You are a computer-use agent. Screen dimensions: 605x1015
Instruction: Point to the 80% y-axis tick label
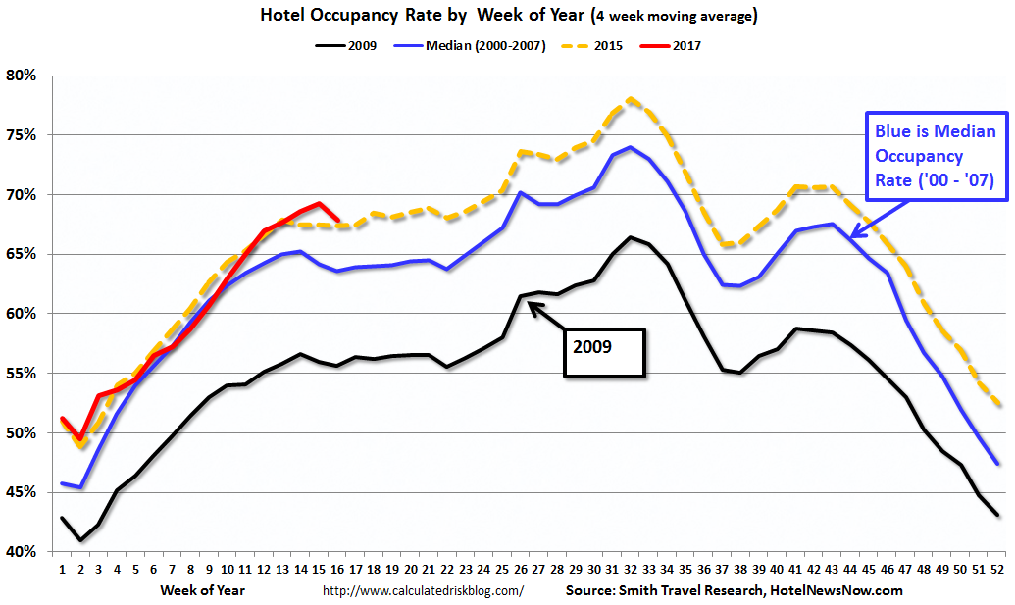coord(22,76)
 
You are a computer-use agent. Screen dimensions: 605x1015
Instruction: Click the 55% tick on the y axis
coord(22,374)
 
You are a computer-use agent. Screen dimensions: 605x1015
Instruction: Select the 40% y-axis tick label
coord(22,552)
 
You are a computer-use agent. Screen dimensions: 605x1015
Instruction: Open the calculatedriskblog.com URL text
coord(423,590)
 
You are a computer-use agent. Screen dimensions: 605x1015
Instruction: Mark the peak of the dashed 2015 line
coord(630,98)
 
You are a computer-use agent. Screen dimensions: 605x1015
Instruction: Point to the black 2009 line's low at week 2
coord(80,540)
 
